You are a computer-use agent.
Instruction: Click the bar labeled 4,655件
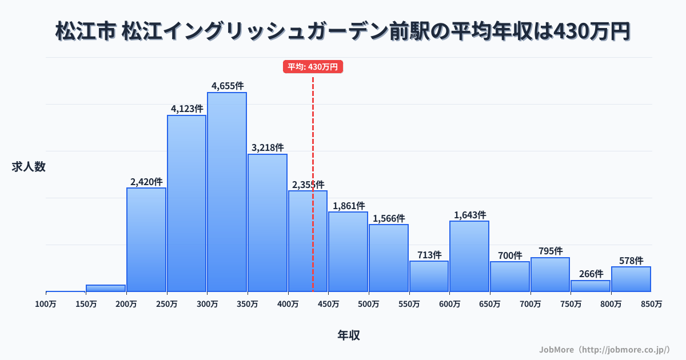(x=227, y=191)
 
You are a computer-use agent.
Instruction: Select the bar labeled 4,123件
(x=186, y=203)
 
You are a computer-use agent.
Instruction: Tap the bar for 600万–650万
(x=469, y=256)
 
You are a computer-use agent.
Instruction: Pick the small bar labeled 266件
(x=591, y=286)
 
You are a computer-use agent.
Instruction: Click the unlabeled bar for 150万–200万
(x=106, y=288)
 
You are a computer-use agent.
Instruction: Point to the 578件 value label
(x=631, y=261)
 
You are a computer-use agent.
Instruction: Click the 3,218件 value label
(x=268, y=147)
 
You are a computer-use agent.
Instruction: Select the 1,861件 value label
(x=348, y=206)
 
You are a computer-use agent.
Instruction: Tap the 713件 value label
(x=429, y=255)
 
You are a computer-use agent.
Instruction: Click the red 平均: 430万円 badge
(x=313, y=67)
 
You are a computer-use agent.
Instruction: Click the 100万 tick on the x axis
(x=46, y=304)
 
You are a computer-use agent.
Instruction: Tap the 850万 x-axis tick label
(x=651, y=304)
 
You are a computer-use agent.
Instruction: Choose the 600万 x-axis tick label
(x=449, y=304)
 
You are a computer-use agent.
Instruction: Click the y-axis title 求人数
(x=29, y=167)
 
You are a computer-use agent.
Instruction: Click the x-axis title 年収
(x=349, y=335)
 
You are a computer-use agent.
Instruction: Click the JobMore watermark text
(x=604, y=349)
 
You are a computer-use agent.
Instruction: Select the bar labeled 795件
(x=550, y=274)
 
